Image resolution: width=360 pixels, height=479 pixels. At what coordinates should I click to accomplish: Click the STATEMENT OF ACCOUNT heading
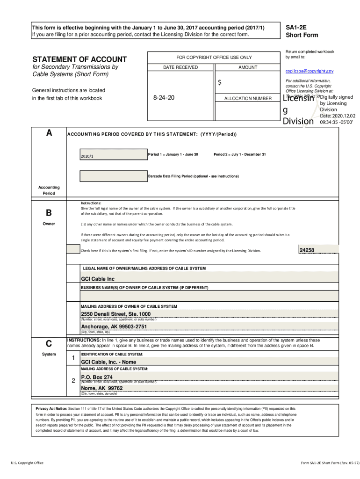click(x=79, y=59)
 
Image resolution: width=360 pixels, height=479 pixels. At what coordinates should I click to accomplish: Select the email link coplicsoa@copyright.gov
click(x=309, y=71)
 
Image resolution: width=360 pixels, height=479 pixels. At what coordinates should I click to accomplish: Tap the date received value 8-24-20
click(x=164, y=98)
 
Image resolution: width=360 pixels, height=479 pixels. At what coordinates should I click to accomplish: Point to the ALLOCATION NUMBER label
click(x=247, y=99)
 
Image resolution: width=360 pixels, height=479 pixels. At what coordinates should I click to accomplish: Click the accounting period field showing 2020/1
click(x=112, y=155)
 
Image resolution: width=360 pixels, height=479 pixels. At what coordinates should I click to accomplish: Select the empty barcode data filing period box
click(x=112, y=176)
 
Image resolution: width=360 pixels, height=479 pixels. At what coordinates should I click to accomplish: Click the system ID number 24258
click(x=307, y=250)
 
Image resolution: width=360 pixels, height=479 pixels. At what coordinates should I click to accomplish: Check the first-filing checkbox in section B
click(x=73, y=249)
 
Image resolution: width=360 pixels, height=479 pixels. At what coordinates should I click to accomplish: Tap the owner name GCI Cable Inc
click(x=97, y=279)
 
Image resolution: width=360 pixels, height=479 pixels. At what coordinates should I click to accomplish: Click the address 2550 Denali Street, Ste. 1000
click(x=115, y=314)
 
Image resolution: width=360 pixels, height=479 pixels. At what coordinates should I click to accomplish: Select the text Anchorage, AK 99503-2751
click(x=114, y=327)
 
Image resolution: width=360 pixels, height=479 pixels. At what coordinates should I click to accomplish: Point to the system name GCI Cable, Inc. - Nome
click(x=108, y=362)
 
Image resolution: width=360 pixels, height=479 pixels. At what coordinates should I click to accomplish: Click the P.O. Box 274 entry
click(x=97, y=377)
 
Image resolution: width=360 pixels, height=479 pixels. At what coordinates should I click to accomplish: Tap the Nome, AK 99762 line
click(x=101, y=388)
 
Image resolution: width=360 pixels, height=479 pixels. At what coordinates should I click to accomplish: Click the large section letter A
click(x=49, y=133)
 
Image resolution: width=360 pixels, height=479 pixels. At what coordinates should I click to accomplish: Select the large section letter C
click(x=49, y=343)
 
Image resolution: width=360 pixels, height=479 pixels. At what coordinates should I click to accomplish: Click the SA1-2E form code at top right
click(x=296, y=28)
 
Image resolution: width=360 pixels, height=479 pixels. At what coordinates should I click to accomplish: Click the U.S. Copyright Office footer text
click(x=27, y=463)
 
